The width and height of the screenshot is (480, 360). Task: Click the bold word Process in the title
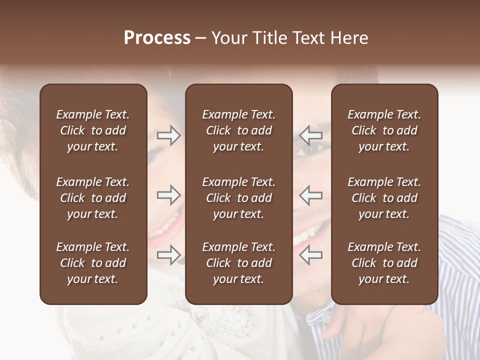(x=157, y=38)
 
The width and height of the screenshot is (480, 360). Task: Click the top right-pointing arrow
(x=169, y=135)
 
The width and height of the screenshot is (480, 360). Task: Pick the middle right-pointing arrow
(x=169, y=195)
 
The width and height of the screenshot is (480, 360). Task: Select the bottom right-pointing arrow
(x=169, y=254)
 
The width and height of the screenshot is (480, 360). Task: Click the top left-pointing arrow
(x=311, y=135)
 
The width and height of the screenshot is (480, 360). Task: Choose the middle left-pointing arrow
(x=311, y=195)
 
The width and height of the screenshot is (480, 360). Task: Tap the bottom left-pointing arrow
(x=311, y=254)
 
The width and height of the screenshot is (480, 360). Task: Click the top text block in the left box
(x=93, y=130)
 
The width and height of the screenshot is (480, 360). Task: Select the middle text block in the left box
(x=93, y=198)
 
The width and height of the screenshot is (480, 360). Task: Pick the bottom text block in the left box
(x=93, y=263)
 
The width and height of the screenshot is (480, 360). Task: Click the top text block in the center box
(x=239, y=130)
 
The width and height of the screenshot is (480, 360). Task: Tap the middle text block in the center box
(x=239, y=198)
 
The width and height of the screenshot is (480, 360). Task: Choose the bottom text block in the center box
(x=239, y=263)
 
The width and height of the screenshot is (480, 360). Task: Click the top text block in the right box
(x=384, y=130)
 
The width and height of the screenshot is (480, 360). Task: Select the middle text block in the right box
(x=384, y=198)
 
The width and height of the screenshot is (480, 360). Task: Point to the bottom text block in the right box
(x=384, y=263)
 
